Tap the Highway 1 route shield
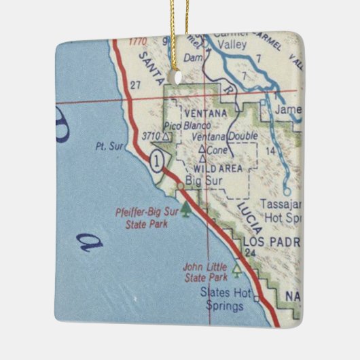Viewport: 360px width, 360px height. pyautogui.click(x=158, y=161)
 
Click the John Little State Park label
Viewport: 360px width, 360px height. pyautogui.click(x=205, y=272)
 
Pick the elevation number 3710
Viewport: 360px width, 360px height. pyautogui.click(x=149, y=137)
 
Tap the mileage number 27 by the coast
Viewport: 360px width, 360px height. pyautogui.click(x=135, y=85)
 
